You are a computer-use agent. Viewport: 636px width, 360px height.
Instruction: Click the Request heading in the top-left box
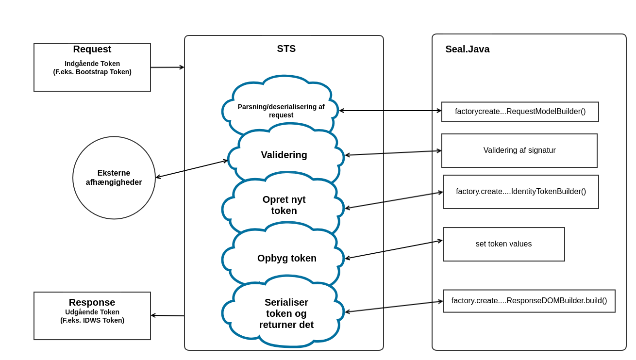click(92, 49)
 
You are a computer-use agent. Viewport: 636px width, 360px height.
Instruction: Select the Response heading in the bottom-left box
click(92, 302)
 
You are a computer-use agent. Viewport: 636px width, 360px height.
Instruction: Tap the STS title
click(286, 49)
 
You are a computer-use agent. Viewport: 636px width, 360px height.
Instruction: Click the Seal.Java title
click(467, 49)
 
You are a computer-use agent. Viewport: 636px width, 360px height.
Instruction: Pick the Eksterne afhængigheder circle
click(114, 178)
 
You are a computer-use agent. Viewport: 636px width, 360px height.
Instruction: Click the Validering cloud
click(284, 155)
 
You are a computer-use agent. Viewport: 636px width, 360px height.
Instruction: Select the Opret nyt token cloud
click(284, 205)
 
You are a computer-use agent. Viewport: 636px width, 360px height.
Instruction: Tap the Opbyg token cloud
click(286, 258)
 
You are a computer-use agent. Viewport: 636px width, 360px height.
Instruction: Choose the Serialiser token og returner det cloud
click(286, 313)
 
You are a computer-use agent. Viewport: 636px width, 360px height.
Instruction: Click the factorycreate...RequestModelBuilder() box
click(520, 112)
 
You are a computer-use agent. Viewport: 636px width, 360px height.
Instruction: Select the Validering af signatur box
click(519, 150)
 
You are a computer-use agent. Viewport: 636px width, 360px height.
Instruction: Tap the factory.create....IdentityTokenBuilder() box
click(520, 192)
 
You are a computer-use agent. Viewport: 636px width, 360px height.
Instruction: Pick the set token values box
click(503, 244)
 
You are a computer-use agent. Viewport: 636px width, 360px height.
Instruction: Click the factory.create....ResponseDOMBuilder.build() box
click(529, 301)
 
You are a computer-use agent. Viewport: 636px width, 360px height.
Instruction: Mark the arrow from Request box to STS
click(167, 67)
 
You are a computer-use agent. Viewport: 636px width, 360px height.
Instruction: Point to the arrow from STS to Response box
click(167, 315)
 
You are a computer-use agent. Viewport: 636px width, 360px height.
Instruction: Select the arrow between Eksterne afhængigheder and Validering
click(192, 169)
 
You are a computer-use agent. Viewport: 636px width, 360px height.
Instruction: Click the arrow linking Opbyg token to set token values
click(393, 249)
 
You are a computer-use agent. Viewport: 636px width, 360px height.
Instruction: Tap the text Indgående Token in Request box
click(92, 64)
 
